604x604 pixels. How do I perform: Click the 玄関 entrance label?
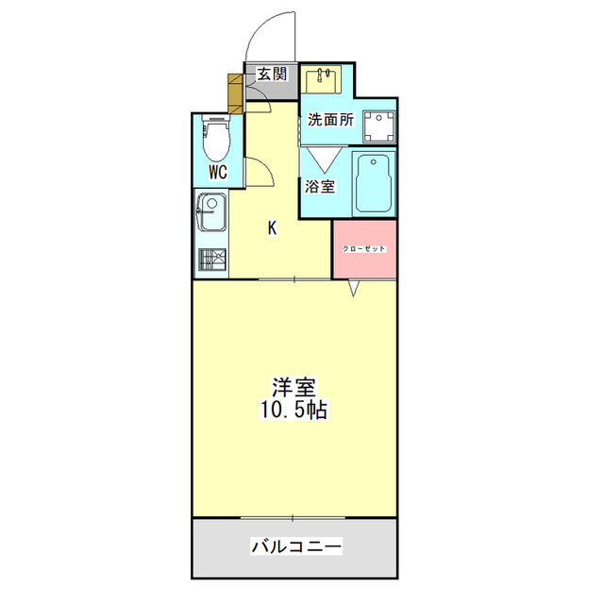pos(273,74)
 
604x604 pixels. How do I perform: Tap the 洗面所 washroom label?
pos(330,120)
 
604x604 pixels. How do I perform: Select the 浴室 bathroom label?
pos(320,187)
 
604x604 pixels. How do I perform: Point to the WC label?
pos(218,172)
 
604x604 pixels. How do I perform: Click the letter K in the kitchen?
pos(273,228)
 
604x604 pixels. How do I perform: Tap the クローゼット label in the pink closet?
pos(364,249)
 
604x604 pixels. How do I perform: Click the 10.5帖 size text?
pos(294,410)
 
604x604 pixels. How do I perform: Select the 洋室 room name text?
pos(294,388)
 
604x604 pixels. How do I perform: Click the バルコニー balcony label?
pos(296,546)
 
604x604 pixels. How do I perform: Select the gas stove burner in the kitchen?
pos(212,260)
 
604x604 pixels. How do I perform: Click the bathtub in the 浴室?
pos(374,184)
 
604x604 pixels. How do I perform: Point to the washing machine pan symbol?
pos(379,126)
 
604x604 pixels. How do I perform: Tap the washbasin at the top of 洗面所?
pos(321,79)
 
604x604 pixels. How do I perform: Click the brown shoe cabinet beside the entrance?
pos(235,93)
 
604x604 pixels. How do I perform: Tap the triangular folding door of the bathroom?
pos(325,159)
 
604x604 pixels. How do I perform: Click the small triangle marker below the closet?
pos(354,289)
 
